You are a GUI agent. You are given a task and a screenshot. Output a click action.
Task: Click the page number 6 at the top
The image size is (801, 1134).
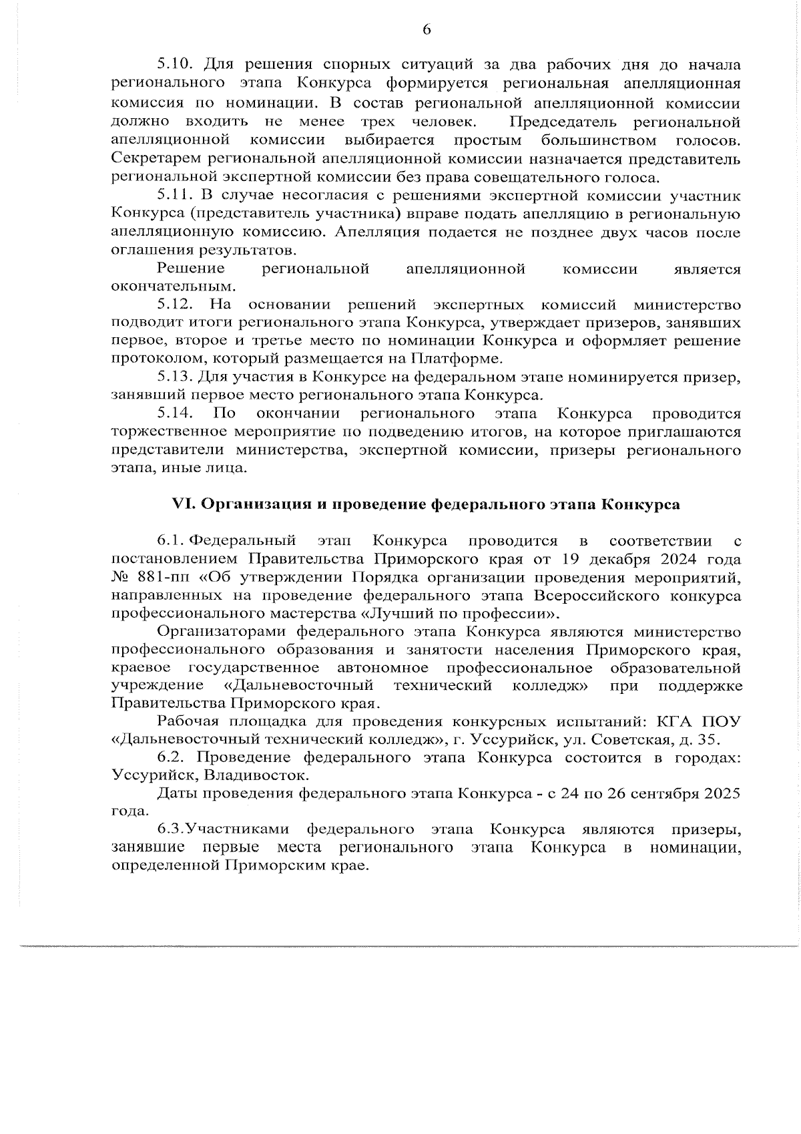pyautogui.click(x=427, y=29)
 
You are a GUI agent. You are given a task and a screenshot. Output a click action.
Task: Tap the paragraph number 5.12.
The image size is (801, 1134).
pyautogui.click(x=175, y=305)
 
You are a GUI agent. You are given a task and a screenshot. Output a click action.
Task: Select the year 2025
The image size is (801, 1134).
pyautogui.click(x=723, y=793)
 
